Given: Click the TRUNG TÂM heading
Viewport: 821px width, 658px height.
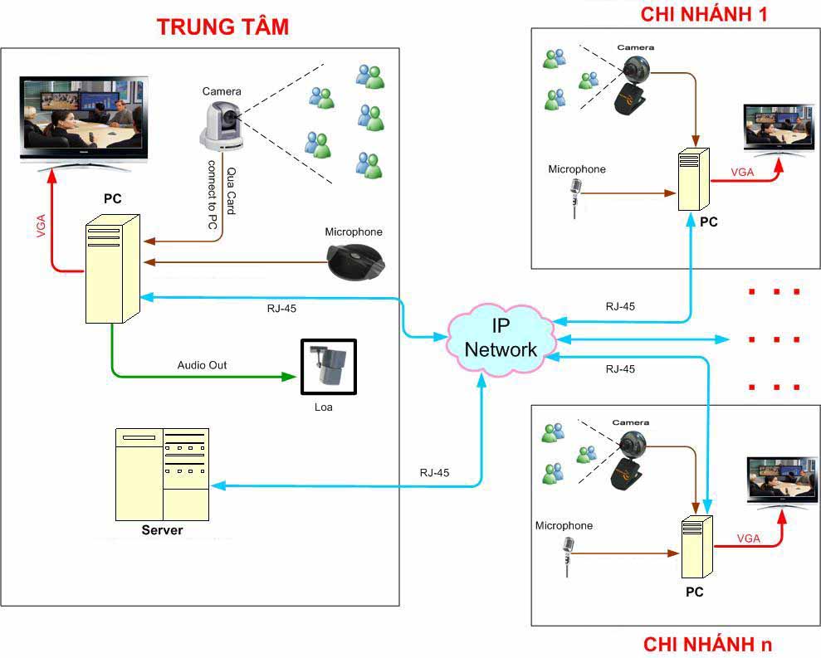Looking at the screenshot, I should [x=222, y=27].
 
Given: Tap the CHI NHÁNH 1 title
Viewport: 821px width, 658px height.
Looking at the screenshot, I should [x=716, y=13].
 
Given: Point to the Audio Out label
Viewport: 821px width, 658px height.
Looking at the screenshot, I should [x=202, y=365].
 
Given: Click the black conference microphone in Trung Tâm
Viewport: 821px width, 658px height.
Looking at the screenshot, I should [x=354, y=261].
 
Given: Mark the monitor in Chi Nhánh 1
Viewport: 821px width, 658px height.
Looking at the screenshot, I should [x=779, y=129].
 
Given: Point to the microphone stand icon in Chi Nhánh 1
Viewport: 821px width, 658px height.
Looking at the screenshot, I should [x=574, y=197].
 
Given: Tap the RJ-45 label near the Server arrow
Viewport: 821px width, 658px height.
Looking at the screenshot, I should [x=434, y=473].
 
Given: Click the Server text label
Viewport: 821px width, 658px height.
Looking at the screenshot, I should [x=162, y=530].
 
